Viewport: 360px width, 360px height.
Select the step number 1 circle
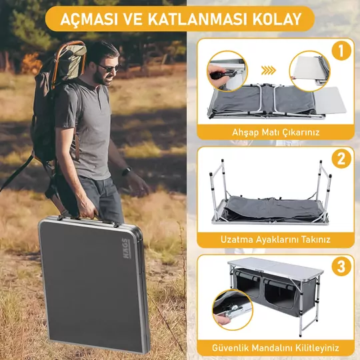(x=341, y=51)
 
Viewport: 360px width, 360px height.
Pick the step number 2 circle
(x=341, y=159)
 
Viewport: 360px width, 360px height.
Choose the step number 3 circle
(x=341, y=266)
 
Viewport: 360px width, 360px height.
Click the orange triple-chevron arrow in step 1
(x=268, y=70)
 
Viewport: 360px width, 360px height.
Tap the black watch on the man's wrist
(x=126, y=171)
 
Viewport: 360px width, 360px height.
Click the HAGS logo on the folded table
(x=126, y=248)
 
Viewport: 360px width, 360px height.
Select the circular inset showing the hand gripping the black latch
(x=227, y=71)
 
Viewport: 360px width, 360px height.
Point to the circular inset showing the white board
(x=310, y=71)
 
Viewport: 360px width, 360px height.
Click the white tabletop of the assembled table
(x=275, y=266)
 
